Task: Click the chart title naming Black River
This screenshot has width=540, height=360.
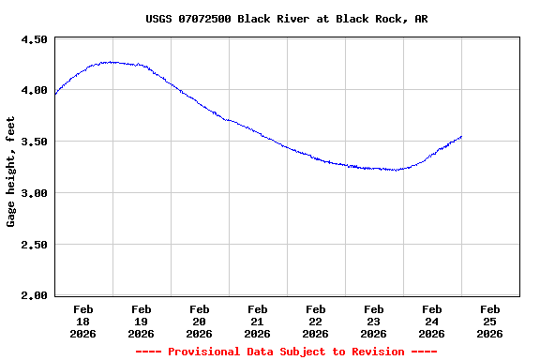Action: [287, 19]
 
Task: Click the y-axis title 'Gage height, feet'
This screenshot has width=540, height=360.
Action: [11, 172]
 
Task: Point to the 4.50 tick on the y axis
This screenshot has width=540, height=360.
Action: [34, 39]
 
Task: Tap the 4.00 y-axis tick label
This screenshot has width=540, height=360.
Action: [34, 91]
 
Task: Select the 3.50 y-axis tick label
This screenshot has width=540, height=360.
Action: [34, 142]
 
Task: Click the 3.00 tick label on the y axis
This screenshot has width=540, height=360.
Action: [34, 193]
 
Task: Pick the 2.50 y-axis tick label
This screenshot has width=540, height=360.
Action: [34, 245]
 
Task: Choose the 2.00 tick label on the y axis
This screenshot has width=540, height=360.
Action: [34, 296]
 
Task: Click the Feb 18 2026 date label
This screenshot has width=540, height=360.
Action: [83, 321]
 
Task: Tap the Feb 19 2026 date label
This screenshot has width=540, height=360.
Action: [142, 321]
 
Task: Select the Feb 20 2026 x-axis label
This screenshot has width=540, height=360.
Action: [200, 321]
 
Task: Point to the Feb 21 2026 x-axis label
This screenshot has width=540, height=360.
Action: [258, 321]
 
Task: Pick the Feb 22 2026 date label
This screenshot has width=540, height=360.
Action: [316, 321]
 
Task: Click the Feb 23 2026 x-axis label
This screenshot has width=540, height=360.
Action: [374, 321]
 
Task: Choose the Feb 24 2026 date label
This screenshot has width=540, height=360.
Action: [432, 321]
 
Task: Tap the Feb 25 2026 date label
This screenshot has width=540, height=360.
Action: [490, 321]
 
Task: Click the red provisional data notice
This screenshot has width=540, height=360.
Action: [287, 352]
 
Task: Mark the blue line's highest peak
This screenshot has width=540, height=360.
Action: [112, 62]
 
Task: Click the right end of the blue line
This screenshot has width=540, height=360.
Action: [461, 137]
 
